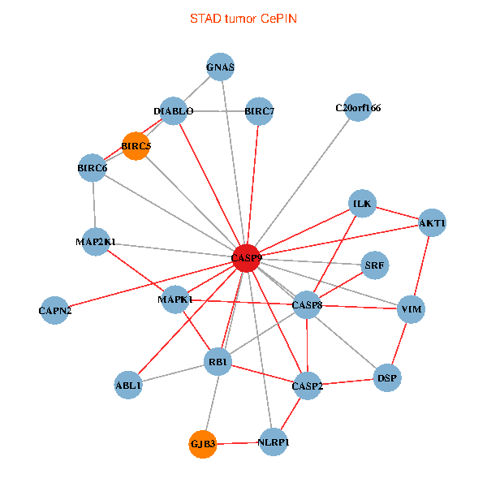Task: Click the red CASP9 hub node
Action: click(x=246, y=258)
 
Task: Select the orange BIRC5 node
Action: click(x=136, y=146)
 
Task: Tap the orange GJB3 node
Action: click(x=203, y=444)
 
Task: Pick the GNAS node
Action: click(x=220, y=67)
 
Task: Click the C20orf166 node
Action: click(x=358, y=107)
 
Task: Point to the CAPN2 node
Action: click(x=55, y=310)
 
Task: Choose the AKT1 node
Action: click(x=433, y=222)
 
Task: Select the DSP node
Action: click(x=386, y=377)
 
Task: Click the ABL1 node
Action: click(x=129, y=386)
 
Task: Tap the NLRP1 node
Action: click(x=274, y=442)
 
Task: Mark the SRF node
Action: click(x=374, y=265)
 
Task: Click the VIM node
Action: click(x=412, y=309)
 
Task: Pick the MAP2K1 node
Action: click(x=96, y=241)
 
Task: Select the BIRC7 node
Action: click(x=260, y=111)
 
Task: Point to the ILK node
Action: click(x=362, y=203)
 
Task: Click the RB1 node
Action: click(x=219, y=361)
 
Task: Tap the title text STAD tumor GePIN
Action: click(x=243, y=18)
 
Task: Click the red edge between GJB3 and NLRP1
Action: click(x=239, y=443)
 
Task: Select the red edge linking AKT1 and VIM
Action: click(x=422, y=266)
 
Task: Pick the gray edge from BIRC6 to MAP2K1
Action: click(x=94, y=205)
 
